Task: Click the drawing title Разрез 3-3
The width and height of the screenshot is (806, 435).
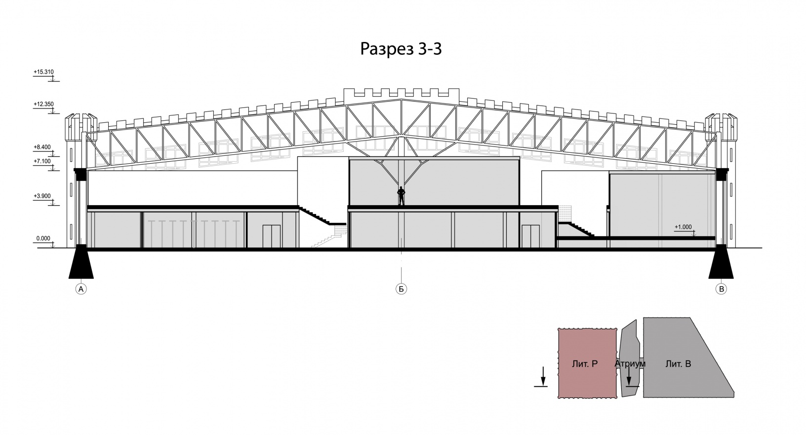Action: pyautogui.click(x=401, y=49)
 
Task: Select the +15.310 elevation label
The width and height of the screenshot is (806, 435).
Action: pyautogui.click(x=43, y=72)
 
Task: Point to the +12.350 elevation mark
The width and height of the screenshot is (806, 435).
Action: pyautogui.click(x=43, y=104)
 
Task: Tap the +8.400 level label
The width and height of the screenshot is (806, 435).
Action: pyautogui.click(x=42, y=147)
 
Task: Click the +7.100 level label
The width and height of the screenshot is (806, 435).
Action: pyautogui.click(x=42, y=161)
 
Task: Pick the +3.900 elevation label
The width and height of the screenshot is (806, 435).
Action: pyautogui.click(x=42, y=196)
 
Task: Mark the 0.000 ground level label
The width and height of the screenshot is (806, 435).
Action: pyautogui.click(x=43, y=239)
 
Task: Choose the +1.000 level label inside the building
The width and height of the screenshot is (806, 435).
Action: pyautogui.click(x=683, y=227)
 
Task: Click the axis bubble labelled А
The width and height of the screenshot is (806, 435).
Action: pyautogui.click(x=81, y=289)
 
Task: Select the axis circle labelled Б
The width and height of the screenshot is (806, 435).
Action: pyautogui.click(x=401, y=289)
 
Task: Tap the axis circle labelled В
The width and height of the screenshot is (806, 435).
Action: pyautogui.click(x=721, y=289)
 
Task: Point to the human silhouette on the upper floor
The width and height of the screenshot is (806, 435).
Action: pyautogui.click(x=401, y=196)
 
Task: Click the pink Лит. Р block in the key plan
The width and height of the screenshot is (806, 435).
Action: pyautogui.click(x=587, y=363)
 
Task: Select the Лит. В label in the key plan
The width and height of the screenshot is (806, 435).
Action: pyautogui.click(x=678, y=364)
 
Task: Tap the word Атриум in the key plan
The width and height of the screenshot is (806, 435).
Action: pyautogui.click(x=630, y=364)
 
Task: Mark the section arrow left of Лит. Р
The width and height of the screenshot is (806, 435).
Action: pyautogui.click(x=543, y=377)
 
